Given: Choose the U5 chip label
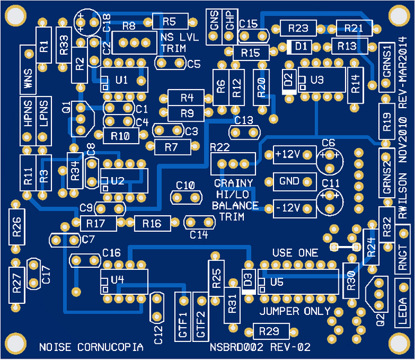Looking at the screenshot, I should [277, 282].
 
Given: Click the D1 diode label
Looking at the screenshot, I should [301, 46].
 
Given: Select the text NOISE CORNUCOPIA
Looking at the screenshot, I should [91, 347].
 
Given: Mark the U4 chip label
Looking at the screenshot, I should [117, 280].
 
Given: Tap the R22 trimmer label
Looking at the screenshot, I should [220, 147].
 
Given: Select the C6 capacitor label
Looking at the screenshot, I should [329, 142].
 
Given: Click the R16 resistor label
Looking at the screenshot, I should [152, 223].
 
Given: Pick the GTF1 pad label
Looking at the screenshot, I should [183, 325].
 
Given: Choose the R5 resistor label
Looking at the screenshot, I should [169, 21].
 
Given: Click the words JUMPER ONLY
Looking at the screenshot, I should [295, 312].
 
